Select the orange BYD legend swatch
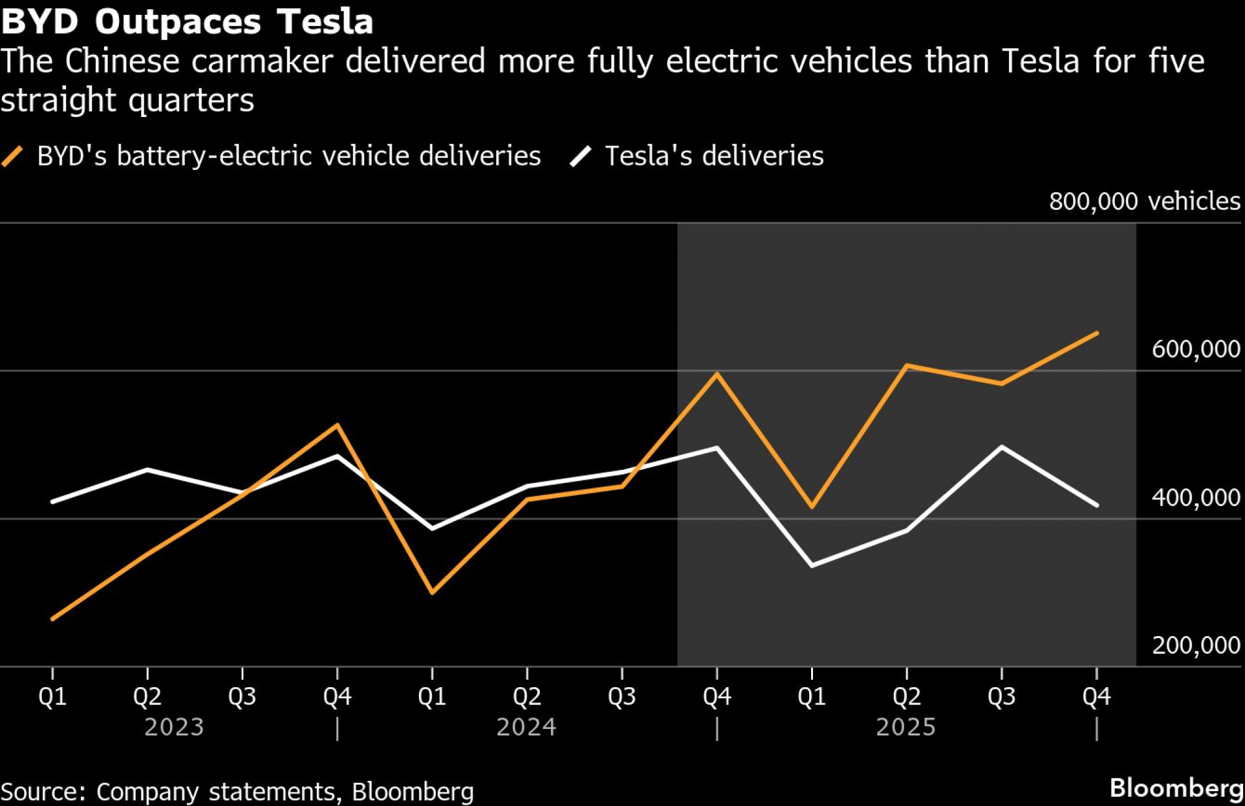(12, 156)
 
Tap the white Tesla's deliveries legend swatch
(580, 156)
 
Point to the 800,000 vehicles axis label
(1144, 201)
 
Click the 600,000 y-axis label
(1195, 349)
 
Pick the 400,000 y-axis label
(1195, 497)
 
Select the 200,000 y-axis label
(1195, 645)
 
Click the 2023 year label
(174, 727)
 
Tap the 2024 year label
(526, 727)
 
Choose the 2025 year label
(906, 727)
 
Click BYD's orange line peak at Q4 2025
(1096, 334)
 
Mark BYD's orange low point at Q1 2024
(433, 593)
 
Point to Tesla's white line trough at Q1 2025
(812, 565)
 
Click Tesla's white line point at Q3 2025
(1002, 447)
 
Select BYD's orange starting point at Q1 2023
(53, 619)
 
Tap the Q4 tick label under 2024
(717, 696)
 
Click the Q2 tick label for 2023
(148, 696)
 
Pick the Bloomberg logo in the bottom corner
(1177, 788)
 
